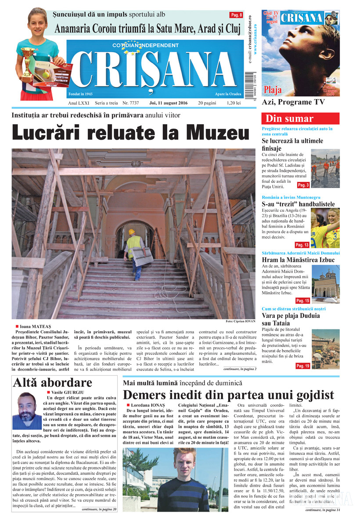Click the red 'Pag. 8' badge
[x=237, y=15]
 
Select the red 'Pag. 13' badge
[x=302, y=245]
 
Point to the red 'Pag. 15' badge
[x=302, y=301]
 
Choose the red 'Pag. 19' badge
[x=302, y=365]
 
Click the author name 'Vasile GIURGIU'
[x=70, y=392]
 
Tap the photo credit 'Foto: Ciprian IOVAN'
[x=241, y=321]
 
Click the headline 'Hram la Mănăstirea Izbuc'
[x=298, y=260]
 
